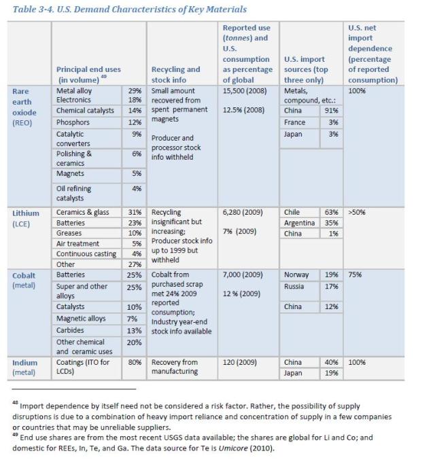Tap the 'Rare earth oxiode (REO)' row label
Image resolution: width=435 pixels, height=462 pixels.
click(x=28, y=107)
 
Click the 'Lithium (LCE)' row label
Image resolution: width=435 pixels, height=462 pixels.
click(x=27, y=217)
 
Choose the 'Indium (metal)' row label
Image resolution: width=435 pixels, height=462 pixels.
click(x=26, y=367)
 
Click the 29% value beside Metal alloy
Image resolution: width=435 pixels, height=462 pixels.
click(x=134, y=90)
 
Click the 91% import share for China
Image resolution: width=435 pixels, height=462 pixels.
click(x=332, y=110)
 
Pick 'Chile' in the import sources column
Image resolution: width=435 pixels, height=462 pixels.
click(x=292, y=212)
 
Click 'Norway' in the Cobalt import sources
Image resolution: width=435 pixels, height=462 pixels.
click(x=296, y=274)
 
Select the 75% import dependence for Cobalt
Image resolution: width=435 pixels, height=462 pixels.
click(x=355, y=274)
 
